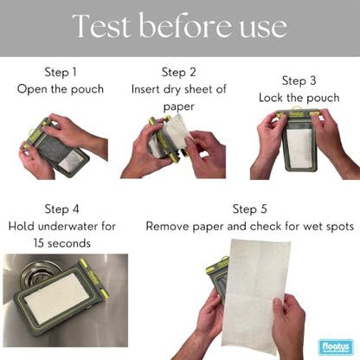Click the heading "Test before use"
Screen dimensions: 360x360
coord(180,26)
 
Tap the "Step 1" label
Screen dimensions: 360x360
coord(61,72)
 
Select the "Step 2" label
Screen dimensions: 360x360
coord(179,72)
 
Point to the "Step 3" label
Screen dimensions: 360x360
coord(299,80)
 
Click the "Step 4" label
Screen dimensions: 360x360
coord(61,209)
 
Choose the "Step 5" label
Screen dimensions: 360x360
coord(250,209)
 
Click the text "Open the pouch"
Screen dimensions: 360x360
coord(61,89)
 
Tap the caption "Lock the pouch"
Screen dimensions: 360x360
coord(299,98)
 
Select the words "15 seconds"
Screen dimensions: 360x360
coord(62,243)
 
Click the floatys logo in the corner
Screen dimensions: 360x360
coord(336,347)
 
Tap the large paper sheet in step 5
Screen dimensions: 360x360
coord(256,296)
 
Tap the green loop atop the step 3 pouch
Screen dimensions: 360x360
coord(295,109)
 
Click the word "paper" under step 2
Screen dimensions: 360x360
coord(179,107)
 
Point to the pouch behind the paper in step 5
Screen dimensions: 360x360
coord(218,277)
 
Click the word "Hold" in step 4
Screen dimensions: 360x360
coord(22,227)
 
